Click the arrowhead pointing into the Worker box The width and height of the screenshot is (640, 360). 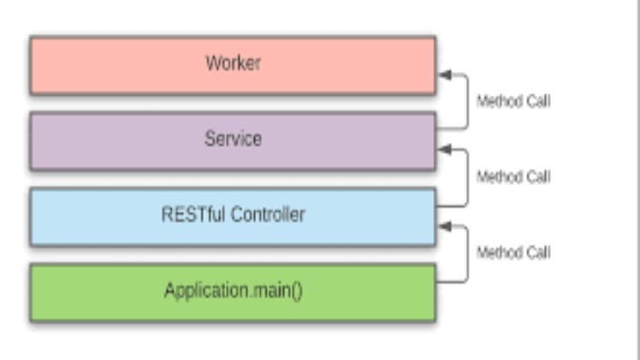click(444, 75)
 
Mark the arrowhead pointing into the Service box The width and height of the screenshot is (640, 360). click(444, 150)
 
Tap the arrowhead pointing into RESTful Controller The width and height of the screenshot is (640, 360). click(444, 226)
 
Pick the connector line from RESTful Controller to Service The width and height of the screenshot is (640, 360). click(467, 178)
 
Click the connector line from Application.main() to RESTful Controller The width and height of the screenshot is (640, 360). click(467, 253)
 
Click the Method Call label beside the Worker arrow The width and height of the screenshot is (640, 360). click(513, 101)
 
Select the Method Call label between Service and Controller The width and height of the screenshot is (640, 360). click(513, 177)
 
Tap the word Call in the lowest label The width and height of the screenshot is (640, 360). click(537, 252)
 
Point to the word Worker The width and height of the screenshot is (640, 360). click(233, 63)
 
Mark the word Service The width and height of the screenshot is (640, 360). click(233, 139)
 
